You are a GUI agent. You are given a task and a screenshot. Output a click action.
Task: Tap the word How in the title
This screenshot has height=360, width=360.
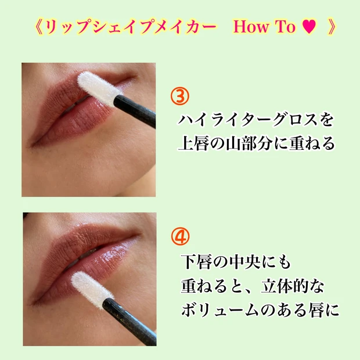[x=251, y=27]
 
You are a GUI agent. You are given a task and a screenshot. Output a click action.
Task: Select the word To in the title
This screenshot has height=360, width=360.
[x=285, y=27]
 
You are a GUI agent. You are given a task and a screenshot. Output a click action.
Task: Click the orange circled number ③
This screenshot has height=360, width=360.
[x=180, y=96]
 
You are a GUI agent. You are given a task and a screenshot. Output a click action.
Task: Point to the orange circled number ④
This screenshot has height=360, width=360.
[x=181, y=236]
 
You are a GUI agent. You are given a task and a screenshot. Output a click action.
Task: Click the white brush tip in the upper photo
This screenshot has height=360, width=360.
[x=99, y=89]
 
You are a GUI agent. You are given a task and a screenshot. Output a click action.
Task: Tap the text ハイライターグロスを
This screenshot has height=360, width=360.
[x=255, y=120]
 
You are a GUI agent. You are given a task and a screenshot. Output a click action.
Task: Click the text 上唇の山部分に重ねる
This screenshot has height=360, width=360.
[x=256, y=144]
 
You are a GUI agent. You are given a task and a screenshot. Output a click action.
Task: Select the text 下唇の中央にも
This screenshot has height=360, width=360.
[x=236, y=262]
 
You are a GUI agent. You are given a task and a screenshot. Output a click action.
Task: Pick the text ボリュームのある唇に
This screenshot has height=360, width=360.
[x=260, y=311]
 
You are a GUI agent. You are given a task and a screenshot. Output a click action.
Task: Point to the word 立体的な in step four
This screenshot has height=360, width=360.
[x=293, y=286]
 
